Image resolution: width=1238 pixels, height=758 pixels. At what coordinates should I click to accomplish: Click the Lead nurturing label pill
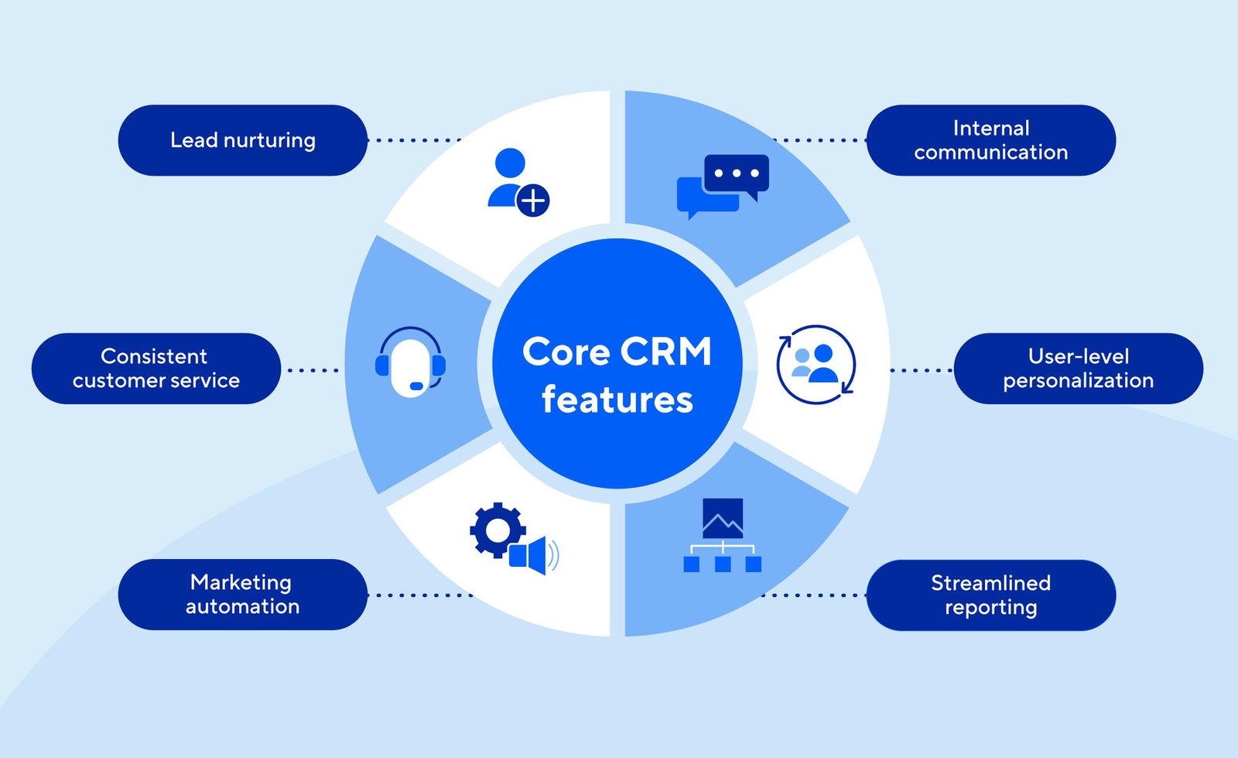tap(242, 140)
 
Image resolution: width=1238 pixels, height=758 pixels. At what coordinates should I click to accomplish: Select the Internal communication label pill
tap(990, 140)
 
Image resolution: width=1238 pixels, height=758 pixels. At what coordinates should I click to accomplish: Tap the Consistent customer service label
tap(156, 369)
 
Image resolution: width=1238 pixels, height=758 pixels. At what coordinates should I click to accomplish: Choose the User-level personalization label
tap(1078, 369)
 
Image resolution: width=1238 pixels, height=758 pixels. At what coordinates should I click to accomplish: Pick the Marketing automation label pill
tap(242, 595)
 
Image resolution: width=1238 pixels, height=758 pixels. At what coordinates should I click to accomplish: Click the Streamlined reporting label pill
tap(990, 595)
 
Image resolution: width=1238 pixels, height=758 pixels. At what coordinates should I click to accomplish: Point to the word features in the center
tap(617, 400)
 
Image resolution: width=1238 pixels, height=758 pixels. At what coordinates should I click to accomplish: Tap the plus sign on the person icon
tap(532, 201)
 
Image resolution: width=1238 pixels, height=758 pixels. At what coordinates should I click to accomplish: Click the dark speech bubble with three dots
tap(736, 173)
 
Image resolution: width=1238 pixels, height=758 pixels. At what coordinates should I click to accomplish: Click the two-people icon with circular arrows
tap(816, 364)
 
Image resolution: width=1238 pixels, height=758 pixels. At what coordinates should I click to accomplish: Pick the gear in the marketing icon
tap(496, 530)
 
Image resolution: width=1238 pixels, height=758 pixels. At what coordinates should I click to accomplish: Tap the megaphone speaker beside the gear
tap(534, 555)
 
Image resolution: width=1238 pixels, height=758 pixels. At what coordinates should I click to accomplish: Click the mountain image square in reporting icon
tap(722, 518)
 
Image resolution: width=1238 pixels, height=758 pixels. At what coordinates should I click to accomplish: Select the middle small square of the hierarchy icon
tap(723, 564)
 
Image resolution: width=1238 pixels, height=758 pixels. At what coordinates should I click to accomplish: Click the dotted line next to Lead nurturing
tap(414, 140)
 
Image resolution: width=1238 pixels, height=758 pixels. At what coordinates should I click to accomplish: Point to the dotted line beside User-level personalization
tap(921, 370)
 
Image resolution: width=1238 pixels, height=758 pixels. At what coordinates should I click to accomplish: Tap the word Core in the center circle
tap(566, 352)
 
